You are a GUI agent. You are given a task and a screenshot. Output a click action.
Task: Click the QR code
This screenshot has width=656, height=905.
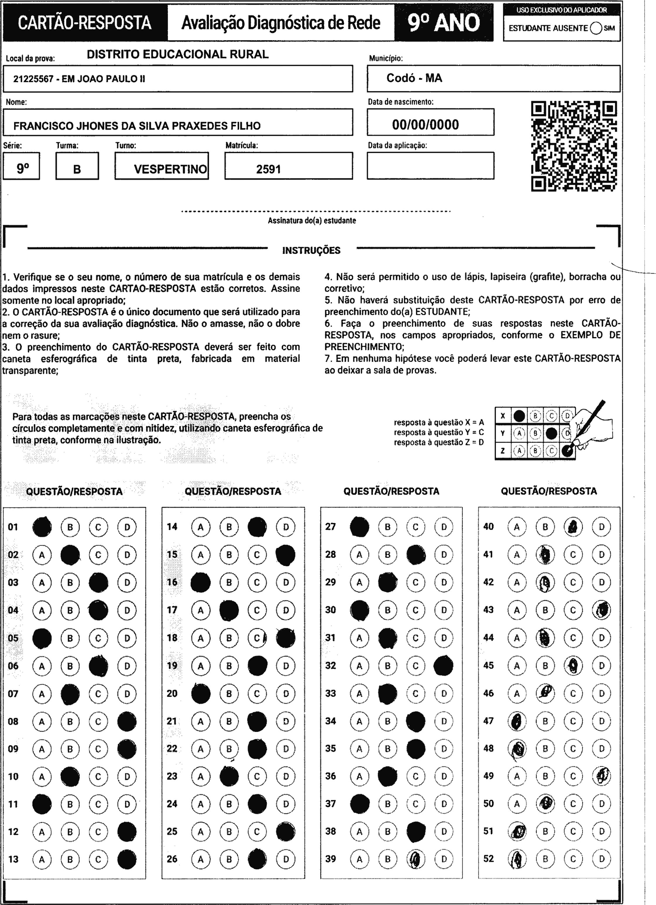[574, 146]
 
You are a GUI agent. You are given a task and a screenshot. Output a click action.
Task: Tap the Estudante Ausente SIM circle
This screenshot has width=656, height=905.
[595, 28]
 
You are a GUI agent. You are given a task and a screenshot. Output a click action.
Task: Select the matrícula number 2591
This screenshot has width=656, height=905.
[268, 169]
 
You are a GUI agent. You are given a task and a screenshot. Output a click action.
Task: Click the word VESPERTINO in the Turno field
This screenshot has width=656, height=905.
[171, 169]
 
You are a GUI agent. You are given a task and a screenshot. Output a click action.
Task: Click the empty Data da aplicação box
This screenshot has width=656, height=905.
[430, 166]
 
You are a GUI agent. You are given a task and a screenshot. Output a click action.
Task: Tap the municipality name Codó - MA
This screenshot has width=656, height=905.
[414, 78]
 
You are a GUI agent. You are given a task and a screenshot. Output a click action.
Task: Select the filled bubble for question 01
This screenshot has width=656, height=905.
[42, 527]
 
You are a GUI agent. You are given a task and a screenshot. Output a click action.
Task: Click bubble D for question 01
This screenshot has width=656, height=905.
[127, 527]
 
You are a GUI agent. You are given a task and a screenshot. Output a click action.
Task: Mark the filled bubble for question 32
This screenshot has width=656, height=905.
[444, 665]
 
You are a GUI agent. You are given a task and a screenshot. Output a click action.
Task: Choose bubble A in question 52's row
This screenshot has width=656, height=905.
[517, 859]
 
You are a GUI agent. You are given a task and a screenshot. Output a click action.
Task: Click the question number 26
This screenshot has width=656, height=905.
[172, 859]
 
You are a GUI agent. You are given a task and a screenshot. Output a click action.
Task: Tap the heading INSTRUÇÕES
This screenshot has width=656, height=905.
[311, 251]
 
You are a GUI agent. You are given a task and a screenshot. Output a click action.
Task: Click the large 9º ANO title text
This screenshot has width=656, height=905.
[444, 23]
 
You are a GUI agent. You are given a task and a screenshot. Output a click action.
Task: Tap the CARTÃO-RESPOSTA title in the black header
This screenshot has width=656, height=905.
[85, 23]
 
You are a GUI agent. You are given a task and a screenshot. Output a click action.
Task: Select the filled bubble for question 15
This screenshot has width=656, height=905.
[286, 555]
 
